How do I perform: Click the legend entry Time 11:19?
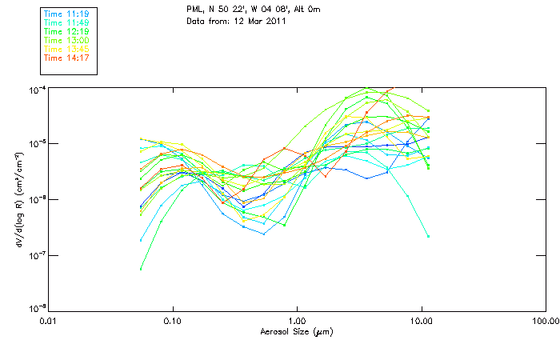pyautogui.click(x=66, y=14)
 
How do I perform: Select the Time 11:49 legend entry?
pyautogui.click(x=66, y=23)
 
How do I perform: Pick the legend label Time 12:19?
pyautogui.click(x=66, y=32)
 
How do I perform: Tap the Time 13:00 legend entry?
pyautogui.click(x=66, y=41)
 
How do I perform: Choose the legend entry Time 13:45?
pyautogui.click(x=66, y=50)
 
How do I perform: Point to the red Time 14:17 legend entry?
pyautogui.click(x=66, y=58)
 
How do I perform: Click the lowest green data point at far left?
pyautogui.click(x=141, y=269)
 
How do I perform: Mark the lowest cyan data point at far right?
pyautogui.click(x=428, y=236)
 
